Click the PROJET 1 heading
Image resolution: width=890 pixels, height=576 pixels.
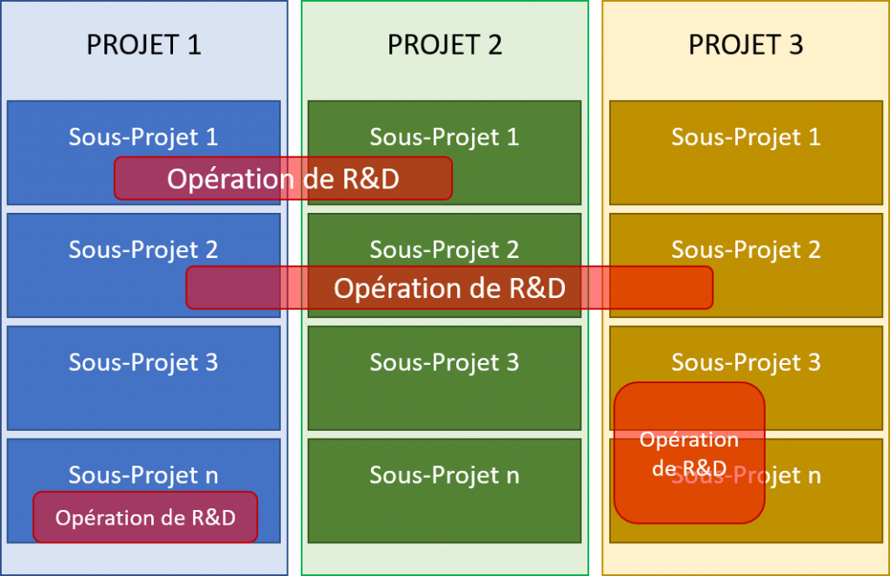point(143,45)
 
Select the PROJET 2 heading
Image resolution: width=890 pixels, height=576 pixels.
point(444,45)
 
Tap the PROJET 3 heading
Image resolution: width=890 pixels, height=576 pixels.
point(746,45)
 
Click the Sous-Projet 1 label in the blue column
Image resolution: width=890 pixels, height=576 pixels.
point(143,136)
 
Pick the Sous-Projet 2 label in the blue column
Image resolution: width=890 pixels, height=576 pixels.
point(143,249)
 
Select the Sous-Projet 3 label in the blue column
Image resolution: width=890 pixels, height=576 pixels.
point(143,362)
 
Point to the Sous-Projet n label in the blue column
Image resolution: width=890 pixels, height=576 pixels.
point(143,475)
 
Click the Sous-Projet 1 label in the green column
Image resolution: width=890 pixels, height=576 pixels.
point(444,136)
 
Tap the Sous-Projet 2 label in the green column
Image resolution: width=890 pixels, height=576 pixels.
point(444,249)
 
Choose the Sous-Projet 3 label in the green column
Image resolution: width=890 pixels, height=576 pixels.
point(444,362)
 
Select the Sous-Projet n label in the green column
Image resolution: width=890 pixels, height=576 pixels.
point(444,475)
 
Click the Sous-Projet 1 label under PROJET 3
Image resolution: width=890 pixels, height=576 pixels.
point(746,136)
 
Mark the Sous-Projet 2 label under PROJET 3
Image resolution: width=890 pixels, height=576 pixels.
point(746,249)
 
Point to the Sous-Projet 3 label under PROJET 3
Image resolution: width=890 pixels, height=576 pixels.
point(746,362)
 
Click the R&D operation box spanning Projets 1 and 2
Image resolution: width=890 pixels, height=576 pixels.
point(283,178)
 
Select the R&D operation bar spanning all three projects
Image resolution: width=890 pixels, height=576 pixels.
point(449,288)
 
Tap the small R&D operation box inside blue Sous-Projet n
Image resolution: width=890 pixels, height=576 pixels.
point(145,517)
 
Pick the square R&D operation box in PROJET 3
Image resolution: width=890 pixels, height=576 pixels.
point(689,453)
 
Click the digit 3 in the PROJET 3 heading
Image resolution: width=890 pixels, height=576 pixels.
point(796,45)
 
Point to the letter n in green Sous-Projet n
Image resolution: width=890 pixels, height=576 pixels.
point(513,477)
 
